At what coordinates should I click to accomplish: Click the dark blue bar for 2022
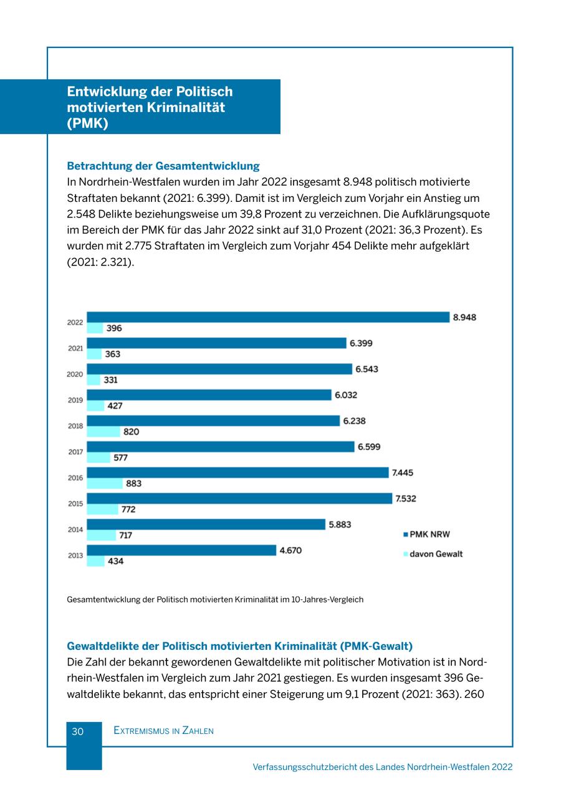point(268,317)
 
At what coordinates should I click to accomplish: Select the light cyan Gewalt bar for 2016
point(105,483)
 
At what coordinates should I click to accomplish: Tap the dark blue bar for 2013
point(181,550)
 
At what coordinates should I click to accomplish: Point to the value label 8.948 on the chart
point(464,317)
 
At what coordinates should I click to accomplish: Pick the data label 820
point(131,432)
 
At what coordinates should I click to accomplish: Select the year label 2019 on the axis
point(75,400)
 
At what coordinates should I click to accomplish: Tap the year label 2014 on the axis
point(75,530)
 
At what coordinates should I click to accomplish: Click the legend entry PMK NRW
point(429,534)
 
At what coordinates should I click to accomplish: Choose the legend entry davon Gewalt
point(435,554)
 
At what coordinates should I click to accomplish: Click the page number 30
point(77,731)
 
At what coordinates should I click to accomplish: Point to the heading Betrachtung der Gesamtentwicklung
point(163,166)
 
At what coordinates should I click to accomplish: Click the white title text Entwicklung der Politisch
point(150,92)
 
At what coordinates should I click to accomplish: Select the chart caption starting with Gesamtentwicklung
point(214,599)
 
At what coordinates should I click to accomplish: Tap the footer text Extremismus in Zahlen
point(163,731)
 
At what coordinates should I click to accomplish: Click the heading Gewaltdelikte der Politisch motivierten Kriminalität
point(239,646)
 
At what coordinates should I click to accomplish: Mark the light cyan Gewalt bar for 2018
point(103,432)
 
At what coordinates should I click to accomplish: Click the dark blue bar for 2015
point(239,498)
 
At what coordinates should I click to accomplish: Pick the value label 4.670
point(290,551)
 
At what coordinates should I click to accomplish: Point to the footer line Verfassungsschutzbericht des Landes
point(382,767)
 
